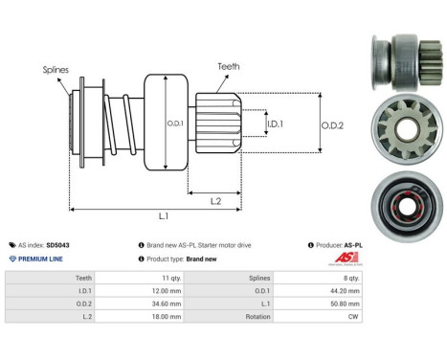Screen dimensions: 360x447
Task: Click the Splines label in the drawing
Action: coord(56,70)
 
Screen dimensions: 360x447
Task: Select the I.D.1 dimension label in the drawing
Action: coord(274,124)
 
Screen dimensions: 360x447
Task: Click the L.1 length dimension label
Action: coord(164,219)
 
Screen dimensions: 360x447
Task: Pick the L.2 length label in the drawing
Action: coord(217,199)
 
